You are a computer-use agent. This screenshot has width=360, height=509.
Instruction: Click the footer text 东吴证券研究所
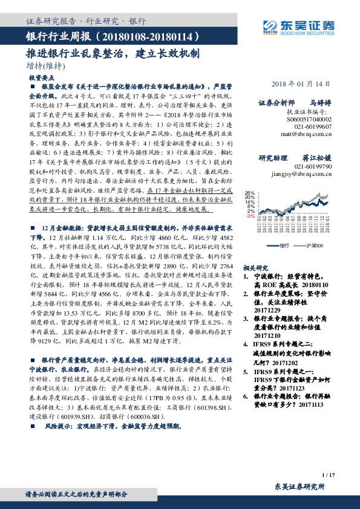coord(299,487)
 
